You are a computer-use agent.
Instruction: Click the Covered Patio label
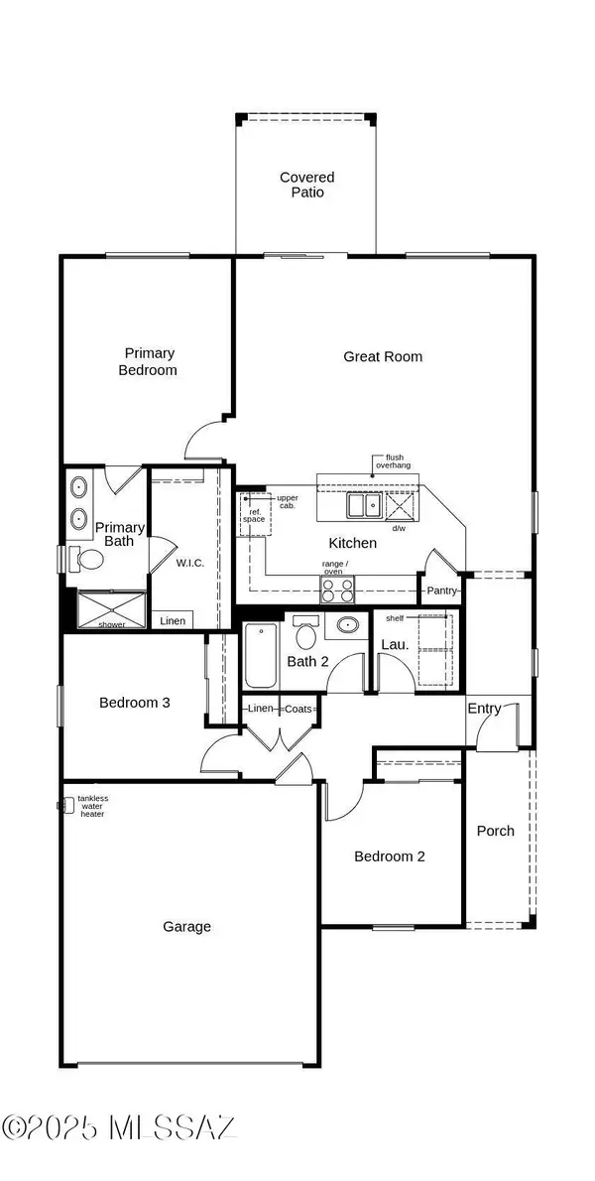point(306,185)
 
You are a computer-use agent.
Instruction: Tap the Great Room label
point(382,356)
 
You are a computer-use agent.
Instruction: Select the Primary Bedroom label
point(150,361)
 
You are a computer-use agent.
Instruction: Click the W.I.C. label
point(189,563)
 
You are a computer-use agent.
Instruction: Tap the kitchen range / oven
point(337,590)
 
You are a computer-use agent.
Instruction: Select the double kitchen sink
point(363,506)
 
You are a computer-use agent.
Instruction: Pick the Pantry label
point(440,590)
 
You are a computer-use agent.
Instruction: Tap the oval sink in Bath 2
point(346,626)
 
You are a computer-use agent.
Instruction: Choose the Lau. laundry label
point(390,644)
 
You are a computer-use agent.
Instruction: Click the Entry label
point(485,709)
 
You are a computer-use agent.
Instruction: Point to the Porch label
point(495,831)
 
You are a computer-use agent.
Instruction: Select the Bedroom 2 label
point(390,855)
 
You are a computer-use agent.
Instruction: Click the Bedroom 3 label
point(135,703)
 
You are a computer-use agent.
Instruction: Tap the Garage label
point(186,926)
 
